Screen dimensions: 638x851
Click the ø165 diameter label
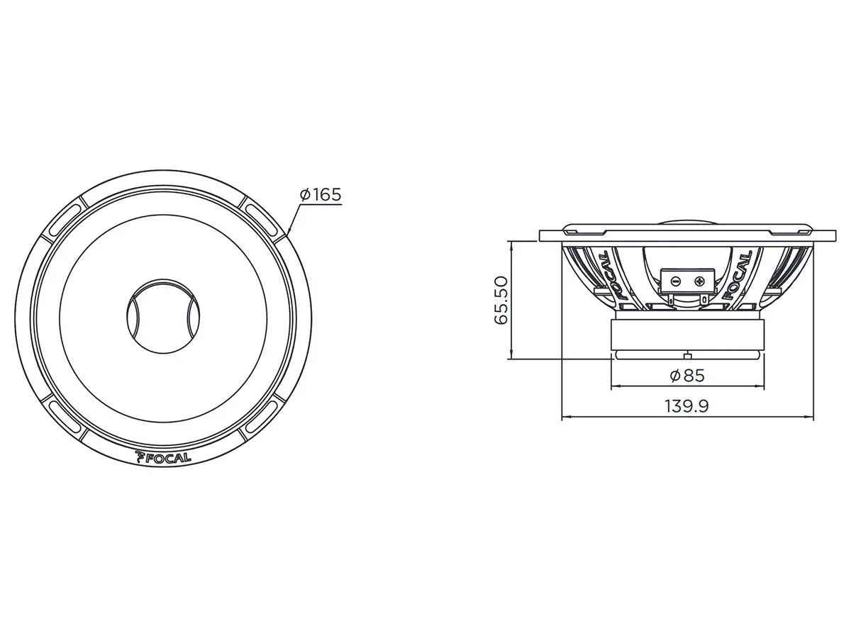pos(321,194)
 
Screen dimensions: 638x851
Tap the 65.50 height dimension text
pos(502,300)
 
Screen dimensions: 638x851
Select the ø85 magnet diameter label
pos(686,375)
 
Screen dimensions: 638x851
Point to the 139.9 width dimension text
pos(687,406)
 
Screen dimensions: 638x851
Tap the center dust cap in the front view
pos(163,312)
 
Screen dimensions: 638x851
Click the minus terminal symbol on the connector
pos(676,281)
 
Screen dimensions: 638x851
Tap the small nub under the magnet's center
pos(686,355)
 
